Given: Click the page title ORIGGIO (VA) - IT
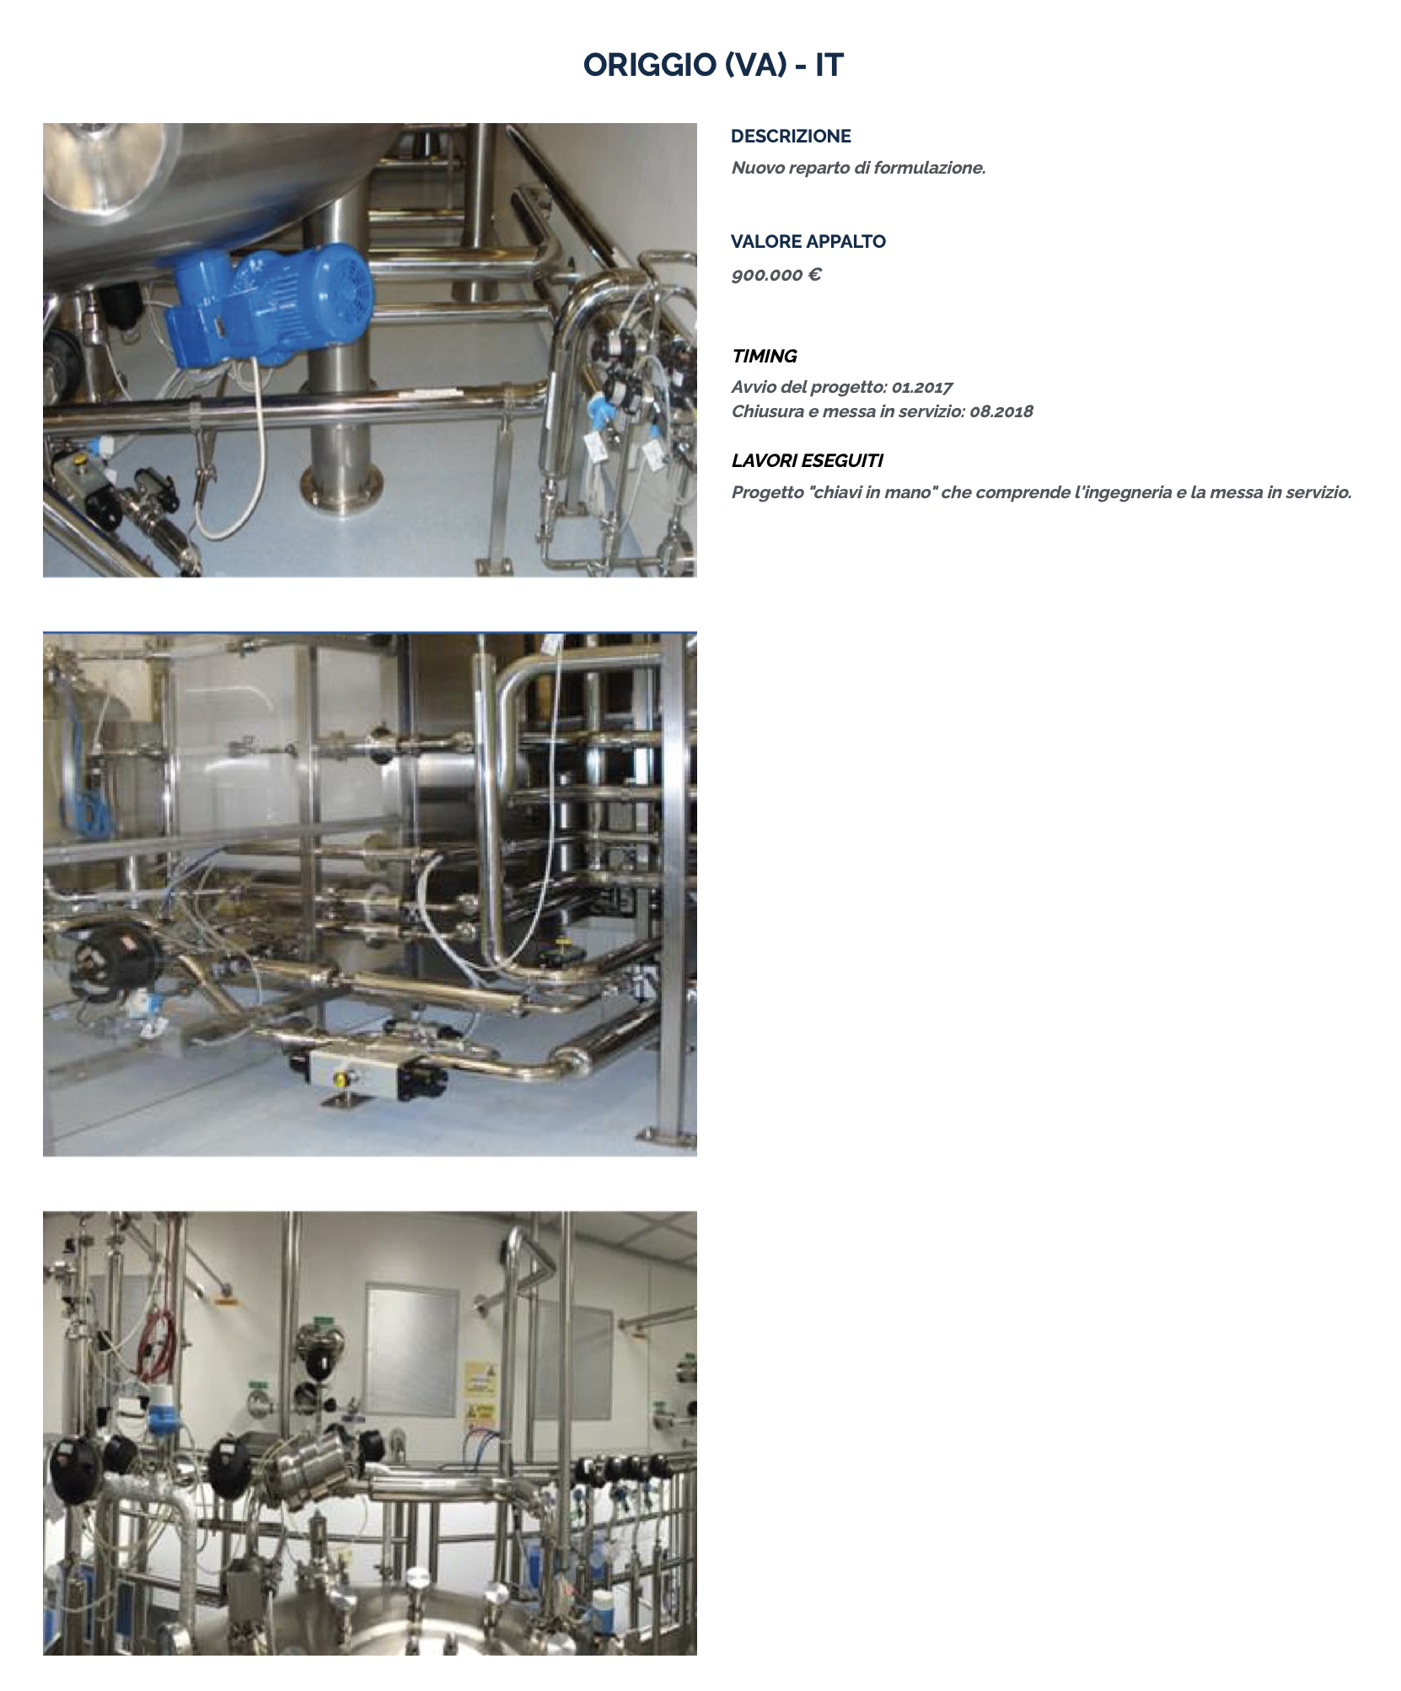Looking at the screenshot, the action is click(x=713, y=65).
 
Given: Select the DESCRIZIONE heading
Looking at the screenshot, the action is click(x=791, y=136).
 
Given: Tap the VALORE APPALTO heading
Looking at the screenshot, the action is click(x=808, y=241).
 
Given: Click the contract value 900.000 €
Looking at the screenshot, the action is click(x=776, y=275).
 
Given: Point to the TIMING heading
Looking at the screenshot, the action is click(x=765, y=356).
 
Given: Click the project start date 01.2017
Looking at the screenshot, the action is click(x=922, y=387).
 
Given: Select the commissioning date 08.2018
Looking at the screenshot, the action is click(x=1001, y=411).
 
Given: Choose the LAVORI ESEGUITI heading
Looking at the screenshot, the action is click(x=808, y=460).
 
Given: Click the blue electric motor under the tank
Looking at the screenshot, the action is click(x=268, y=306).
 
